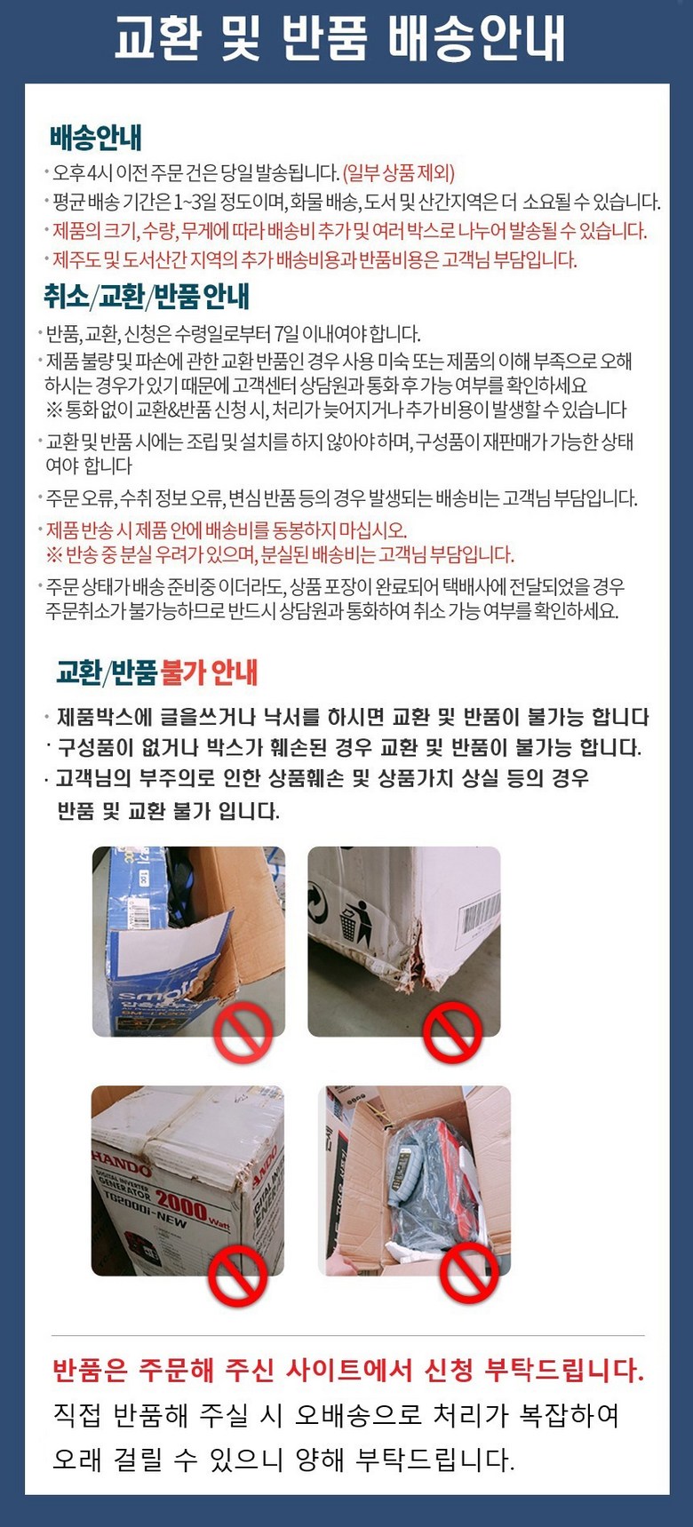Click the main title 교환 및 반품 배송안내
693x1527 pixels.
pyautogui.click(x=340, y=40)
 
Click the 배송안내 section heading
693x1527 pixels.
pyautogui.click(x=96, y=138)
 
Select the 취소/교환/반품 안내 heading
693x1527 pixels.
pyautogui.click(x=147, y=296)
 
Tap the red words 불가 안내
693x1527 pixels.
pyautogui.click(x=210, y=672)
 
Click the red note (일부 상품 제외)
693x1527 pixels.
pyautogui.click(x=399, y=172)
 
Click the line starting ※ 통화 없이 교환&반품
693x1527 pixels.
pyautogui.click(x=337, y=410)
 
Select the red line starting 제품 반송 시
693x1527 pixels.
pyautogui.click(x=227, y=530)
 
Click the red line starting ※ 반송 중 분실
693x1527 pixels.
pyautogui.click(x=280, y=555)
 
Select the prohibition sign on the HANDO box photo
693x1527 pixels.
pyautogui.click(x=238, y=1276)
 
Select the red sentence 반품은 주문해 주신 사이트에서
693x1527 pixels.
pyautogui.click(x=348, y=1370)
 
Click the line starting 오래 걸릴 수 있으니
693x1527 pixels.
pyautogui.click(x=283, y=1459)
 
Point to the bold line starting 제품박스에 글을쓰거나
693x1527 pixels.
pyautogui.click(x=353, y=717)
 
